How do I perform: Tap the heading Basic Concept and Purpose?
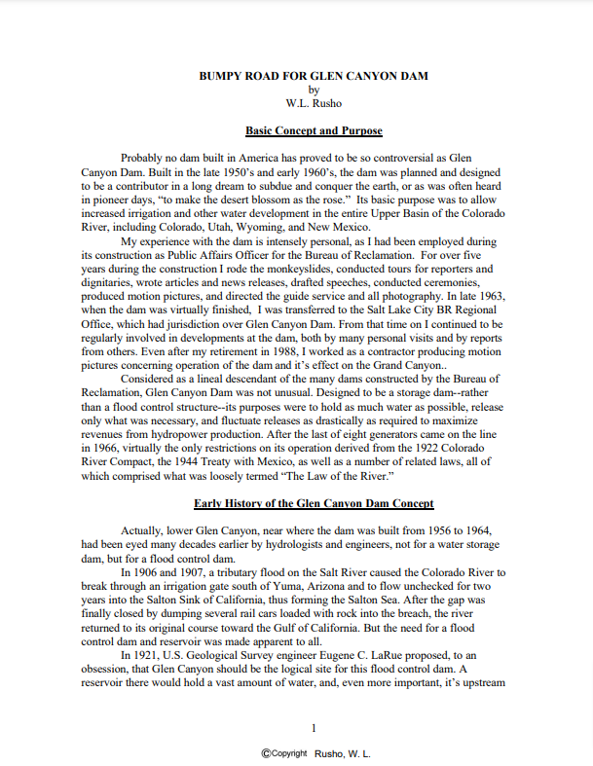click(314, 130)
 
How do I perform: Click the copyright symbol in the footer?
click(265, 753)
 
